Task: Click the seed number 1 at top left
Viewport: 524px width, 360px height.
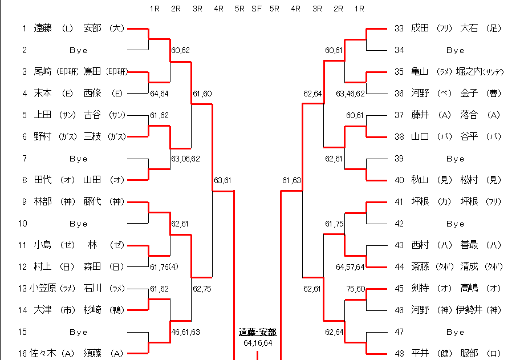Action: (25, 28)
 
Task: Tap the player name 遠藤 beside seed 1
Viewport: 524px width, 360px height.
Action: (43, 28)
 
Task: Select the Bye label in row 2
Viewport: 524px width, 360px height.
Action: (79, 50)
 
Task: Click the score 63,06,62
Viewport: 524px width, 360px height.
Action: (185, 159)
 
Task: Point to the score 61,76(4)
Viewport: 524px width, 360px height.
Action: (164, 266)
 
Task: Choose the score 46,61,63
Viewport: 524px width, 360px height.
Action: (185, 331)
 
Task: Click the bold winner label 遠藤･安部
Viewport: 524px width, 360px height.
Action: (257, 332)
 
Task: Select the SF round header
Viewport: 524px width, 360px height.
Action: (257, 9)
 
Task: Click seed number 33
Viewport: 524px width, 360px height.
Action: (399, 28)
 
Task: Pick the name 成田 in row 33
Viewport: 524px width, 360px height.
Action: (420, 28)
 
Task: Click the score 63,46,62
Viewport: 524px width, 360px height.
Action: (350, 93)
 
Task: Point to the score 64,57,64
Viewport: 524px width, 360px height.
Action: (350, 266)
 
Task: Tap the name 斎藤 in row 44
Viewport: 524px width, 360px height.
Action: (420, 266)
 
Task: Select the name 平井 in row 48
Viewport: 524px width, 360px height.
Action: (420, 354)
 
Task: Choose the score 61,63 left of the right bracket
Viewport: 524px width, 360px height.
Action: (291, 181)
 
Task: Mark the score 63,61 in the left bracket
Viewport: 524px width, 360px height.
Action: (222, 181)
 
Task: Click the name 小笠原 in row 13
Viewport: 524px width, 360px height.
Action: (43, 288)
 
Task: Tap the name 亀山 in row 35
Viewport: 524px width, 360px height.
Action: (420, 72)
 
